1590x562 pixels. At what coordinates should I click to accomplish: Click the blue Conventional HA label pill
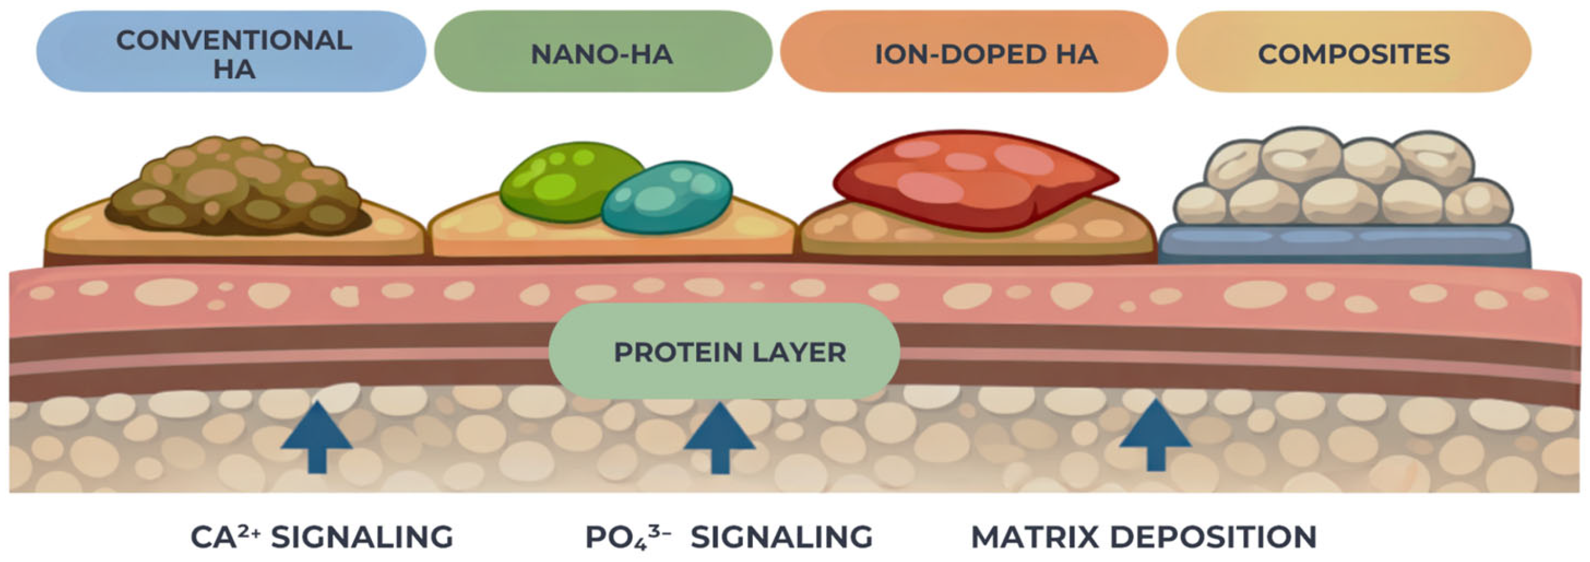click(231, 51)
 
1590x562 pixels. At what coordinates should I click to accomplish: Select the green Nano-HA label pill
click(603, 51)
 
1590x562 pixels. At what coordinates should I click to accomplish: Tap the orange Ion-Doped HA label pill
click(974, 51)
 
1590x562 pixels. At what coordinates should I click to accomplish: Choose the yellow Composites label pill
click(1353, 51)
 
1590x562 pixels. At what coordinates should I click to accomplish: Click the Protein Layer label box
click(724, 351)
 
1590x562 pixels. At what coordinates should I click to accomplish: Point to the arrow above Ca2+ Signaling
click(317, 437)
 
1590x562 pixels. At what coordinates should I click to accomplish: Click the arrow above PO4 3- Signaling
click(720, 437)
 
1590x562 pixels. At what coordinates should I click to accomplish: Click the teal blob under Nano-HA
click(667, 197)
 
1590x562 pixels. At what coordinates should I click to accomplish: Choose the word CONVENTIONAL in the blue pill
click(234, 41)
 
